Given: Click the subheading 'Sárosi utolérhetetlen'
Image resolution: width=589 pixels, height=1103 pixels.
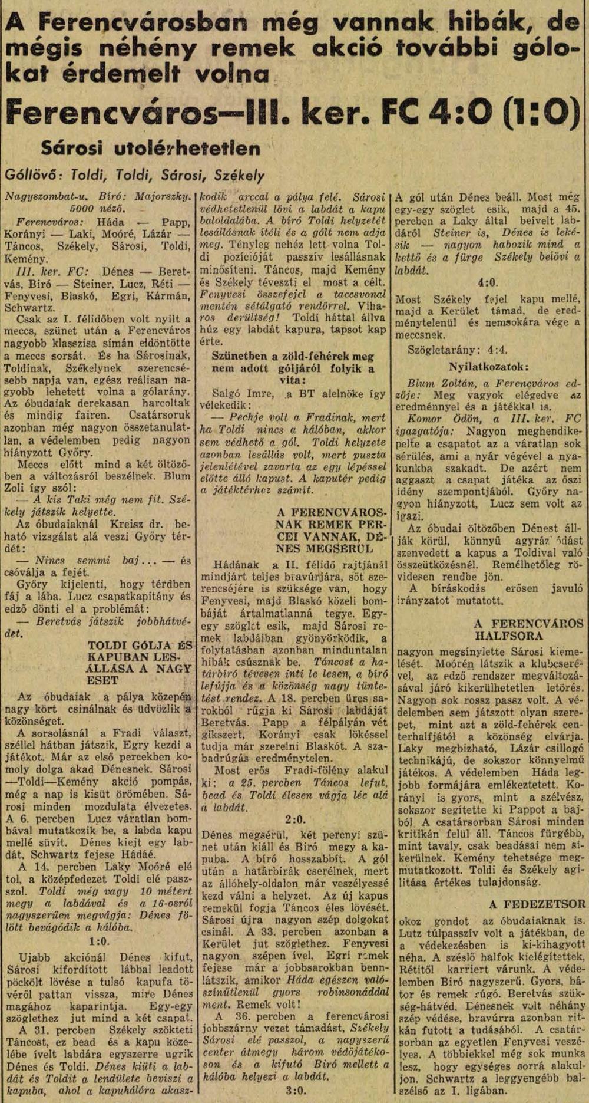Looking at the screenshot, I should point(150,148).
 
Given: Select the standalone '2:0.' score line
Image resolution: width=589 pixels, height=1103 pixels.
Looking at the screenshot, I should point(295,820).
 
